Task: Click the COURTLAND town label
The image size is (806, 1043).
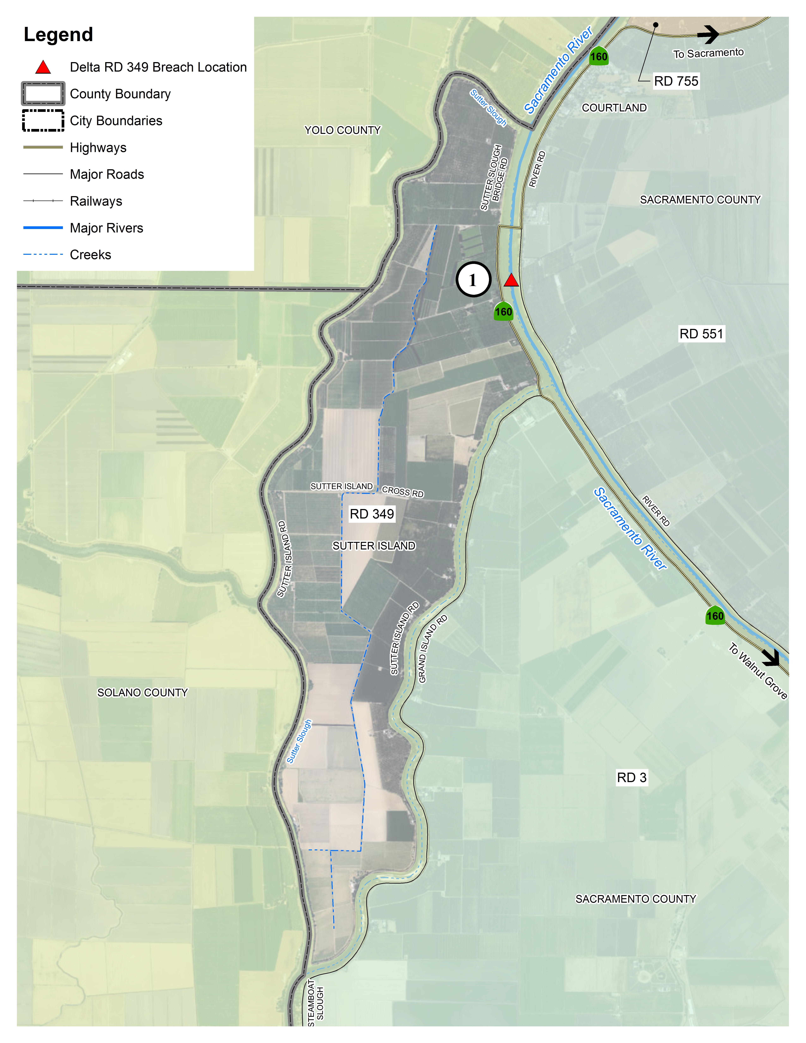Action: coord(614,108)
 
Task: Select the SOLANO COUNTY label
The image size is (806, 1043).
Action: coord(142,692)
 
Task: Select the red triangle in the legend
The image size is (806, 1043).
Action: coord(43,67)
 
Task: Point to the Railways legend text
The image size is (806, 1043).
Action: coord(96,201)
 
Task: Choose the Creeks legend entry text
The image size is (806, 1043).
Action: coord(90,255)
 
